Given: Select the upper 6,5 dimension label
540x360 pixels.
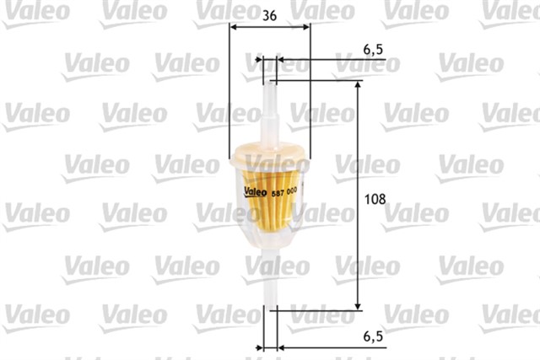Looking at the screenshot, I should click(374, 50).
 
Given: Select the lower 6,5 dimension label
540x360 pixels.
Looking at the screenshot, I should click(374, 336).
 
